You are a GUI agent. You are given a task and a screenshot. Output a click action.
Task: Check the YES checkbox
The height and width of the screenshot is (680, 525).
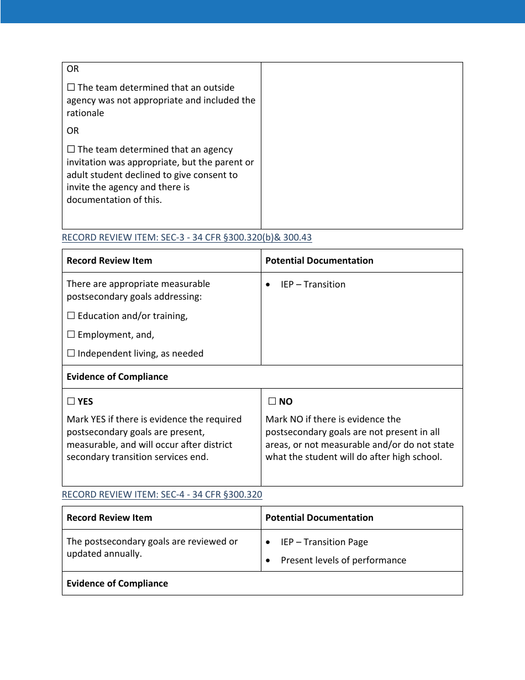click(71, 401)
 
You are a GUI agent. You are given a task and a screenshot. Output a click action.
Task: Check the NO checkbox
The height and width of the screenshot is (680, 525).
click(272, 401)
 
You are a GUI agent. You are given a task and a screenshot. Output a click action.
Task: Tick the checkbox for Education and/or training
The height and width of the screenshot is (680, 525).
click(71, 316)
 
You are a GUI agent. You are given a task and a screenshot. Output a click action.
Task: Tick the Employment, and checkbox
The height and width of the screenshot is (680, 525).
click(71, 335)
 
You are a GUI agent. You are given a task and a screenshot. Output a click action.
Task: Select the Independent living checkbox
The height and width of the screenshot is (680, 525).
click(71, 354)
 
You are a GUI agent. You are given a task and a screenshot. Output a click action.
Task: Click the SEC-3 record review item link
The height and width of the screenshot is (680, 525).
click(186, 238)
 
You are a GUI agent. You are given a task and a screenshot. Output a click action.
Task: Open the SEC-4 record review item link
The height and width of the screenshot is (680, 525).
click(162, 495)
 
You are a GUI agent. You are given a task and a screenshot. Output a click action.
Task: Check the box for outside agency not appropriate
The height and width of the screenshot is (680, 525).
click(71, 88)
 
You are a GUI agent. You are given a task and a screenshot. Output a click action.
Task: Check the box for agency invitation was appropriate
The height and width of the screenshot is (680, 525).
click(71, 150)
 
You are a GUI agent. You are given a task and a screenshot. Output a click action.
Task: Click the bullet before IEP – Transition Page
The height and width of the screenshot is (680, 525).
click(268, 542)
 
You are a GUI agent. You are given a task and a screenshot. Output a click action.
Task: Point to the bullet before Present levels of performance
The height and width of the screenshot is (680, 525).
click(268, 561)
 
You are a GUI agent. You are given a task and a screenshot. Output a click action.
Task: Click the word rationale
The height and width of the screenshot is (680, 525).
click(85, 113)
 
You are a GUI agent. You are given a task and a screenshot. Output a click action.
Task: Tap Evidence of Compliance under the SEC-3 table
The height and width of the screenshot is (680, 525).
click(117, 377)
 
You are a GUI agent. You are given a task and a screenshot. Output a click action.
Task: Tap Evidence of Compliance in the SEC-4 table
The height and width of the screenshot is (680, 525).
click(117, 584)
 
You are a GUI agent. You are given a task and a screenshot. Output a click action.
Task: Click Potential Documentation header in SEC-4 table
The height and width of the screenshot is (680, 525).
click(319, 518)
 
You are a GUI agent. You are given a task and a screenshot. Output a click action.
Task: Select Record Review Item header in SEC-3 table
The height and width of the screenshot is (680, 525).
click(109, 261)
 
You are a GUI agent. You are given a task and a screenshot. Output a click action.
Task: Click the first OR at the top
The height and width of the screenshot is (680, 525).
click(72, 69)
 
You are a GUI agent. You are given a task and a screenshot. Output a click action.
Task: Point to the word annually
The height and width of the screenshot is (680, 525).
click(123, 554)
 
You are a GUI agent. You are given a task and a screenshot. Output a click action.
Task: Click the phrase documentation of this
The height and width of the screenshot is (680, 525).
click(114, 200)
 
